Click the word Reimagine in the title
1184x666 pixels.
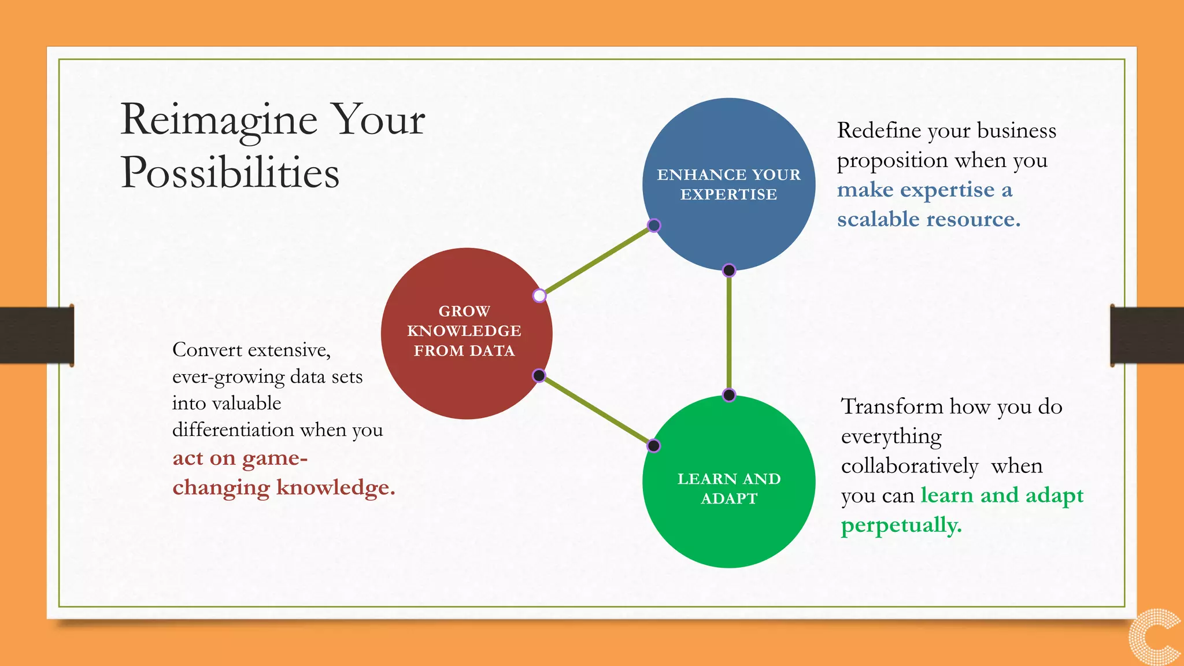pyautogui.click(x=219, y=120)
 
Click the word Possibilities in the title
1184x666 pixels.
pyautogui.click(x=230, y=173)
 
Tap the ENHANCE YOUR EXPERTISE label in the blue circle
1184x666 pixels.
pyautogui.click(x=728, y=184)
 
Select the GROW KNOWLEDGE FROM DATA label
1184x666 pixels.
pyautogui.click(x=464, y=331)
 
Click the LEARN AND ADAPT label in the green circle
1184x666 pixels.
pyautogui.click(x=728, y=489)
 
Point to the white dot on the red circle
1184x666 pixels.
pyautogui.click(x=539, y=296)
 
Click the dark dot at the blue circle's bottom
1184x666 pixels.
pyautogui.click(x=729, y=270)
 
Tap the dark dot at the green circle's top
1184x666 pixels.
pyautogui.click(x=729, y=395)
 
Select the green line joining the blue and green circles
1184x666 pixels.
pyautogui.click(x=729, y=332)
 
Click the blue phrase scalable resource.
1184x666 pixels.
pyautogui.click(x=928, y=220)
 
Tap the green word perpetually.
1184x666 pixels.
pyautogui.click(x=901, y=526)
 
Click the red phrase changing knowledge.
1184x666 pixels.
pyautogui.click(x=283, y=488)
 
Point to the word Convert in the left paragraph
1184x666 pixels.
pyautogui.click(x=206, y=350)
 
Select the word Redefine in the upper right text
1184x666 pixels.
pyautogui.click(x=879, y=131)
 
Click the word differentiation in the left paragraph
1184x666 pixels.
pyautogui.click(x=233, y=430)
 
